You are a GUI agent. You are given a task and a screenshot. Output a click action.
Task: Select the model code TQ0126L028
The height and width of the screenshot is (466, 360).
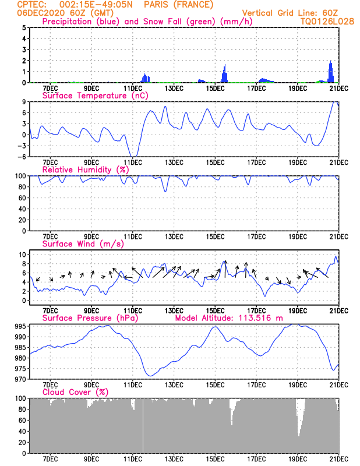point(327,22)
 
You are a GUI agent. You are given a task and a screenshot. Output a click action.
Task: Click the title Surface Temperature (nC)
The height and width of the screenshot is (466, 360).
point(95,96)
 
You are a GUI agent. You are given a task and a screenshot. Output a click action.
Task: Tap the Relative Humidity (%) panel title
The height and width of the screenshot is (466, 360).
point(86,170)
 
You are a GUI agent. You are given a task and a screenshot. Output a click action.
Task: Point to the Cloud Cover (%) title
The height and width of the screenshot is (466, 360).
point(75,392)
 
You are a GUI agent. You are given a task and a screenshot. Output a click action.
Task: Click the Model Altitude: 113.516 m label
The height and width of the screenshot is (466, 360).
point(229,318)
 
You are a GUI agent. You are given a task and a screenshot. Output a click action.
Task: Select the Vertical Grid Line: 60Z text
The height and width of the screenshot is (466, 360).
point(290,13)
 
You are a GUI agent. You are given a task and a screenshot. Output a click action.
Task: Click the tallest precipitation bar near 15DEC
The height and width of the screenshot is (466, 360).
point(225,73)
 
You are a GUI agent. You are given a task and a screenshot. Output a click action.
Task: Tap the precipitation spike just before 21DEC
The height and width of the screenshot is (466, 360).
point(330,71)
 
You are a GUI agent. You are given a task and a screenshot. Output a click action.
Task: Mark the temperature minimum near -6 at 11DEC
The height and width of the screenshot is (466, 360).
point(135,156)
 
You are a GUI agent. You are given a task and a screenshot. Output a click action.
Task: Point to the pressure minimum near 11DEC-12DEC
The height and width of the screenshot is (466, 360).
point(150,376)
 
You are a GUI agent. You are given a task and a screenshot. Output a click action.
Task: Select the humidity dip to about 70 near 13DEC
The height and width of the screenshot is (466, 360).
point(165,192)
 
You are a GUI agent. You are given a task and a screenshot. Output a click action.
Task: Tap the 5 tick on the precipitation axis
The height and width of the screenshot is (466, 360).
point(24,27)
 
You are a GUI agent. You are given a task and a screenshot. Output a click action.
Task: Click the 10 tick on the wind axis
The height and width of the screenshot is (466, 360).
point(23,255)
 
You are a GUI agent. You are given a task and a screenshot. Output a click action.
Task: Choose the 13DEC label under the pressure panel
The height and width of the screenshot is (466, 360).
point(174,385)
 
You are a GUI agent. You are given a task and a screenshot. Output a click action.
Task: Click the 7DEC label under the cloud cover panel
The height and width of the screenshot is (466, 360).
point(50,459)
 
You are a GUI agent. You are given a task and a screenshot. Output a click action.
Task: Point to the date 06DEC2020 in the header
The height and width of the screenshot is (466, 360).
point(41,13)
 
